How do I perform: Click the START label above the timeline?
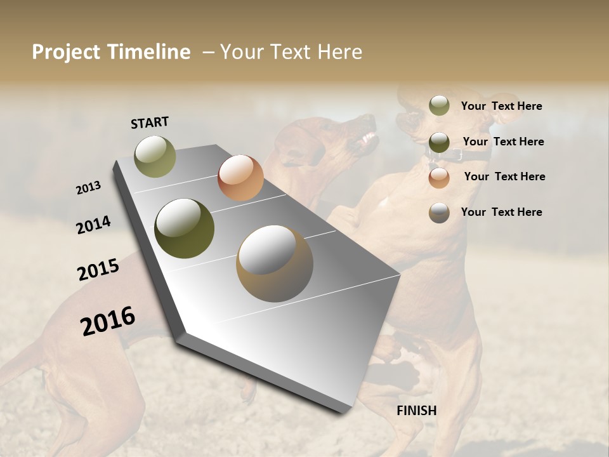(150, 123)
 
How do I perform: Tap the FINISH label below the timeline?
(417, 411)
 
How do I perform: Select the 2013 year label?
(88, 188)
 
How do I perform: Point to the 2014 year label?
(93, 225)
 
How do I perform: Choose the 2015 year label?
(98, 270)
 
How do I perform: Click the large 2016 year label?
(108, 321)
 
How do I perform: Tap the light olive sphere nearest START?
(155, 156)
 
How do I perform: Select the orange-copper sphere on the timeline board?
(240, 178)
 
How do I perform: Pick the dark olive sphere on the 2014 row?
(185, 228)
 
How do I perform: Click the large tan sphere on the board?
(275, 263)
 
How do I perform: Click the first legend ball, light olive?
(439, 105)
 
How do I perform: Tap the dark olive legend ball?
(439, 142)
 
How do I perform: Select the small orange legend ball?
(439, 178)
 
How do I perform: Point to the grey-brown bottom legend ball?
(439, 213)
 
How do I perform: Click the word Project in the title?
(66, 52)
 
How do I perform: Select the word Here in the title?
(339, 52)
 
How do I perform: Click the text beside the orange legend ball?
(504, 176)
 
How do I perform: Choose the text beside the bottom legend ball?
(501, 212)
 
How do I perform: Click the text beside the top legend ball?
(501, 106)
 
